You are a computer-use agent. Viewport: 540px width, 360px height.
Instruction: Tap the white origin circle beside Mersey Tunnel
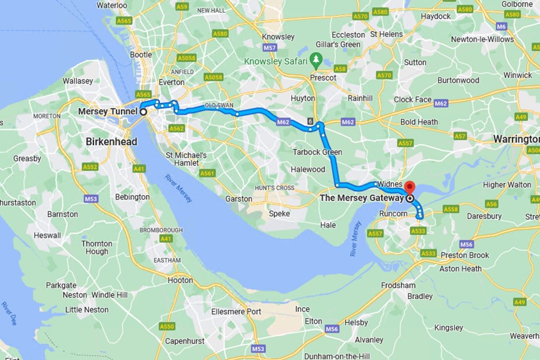click(143, 112)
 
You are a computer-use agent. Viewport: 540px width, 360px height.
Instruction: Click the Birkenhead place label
click(111, 142)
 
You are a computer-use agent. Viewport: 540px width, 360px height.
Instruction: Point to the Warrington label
click(516, 139)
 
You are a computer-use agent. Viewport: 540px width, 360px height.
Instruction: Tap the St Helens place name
click(387, 34)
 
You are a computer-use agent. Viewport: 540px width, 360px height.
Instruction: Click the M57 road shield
click(269, 48)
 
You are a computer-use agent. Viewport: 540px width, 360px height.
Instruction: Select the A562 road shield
click(177, 128)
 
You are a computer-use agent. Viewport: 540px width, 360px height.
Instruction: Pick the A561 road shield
click(208, 173)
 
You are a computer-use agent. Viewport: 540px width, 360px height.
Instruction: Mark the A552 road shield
click(90, 167)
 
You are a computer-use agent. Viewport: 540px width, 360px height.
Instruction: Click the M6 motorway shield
click(502, 26)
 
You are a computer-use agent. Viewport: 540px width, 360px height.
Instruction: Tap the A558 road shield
click(450, 209)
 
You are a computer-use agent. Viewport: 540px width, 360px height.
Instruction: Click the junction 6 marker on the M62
click(310, 121)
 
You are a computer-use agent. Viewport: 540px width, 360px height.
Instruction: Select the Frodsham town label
click(399, 285)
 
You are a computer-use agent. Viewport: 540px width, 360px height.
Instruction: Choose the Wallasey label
click(78, 81)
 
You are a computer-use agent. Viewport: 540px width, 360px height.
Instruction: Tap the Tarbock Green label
click(317, 152)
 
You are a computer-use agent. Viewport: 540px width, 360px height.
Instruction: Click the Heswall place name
click(47, 236)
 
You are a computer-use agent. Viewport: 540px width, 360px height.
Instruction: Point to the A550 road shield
click(167, 327)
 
